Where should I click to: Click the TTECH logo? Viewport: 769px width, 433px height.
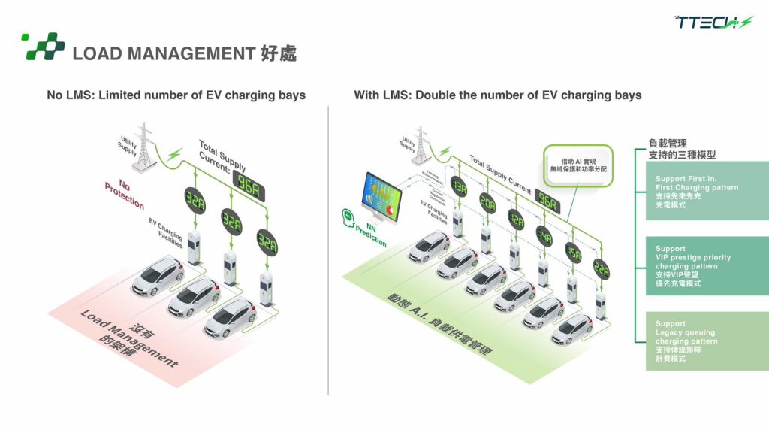tap(712, 23)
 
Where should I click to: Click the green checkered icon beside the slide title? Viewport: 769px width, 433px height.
tap(44, 47)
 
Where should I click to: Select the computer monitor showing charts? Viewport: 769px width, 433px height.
tap(384, 197)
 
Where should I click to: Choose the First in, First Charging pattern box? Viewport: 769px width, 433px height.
tap(706, 191)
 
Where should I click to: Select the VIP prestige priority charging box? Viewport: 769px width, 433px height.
tap(706, 266)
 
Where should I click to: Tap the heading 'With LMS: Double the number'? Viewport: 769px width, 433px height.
tap(497, 95)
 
